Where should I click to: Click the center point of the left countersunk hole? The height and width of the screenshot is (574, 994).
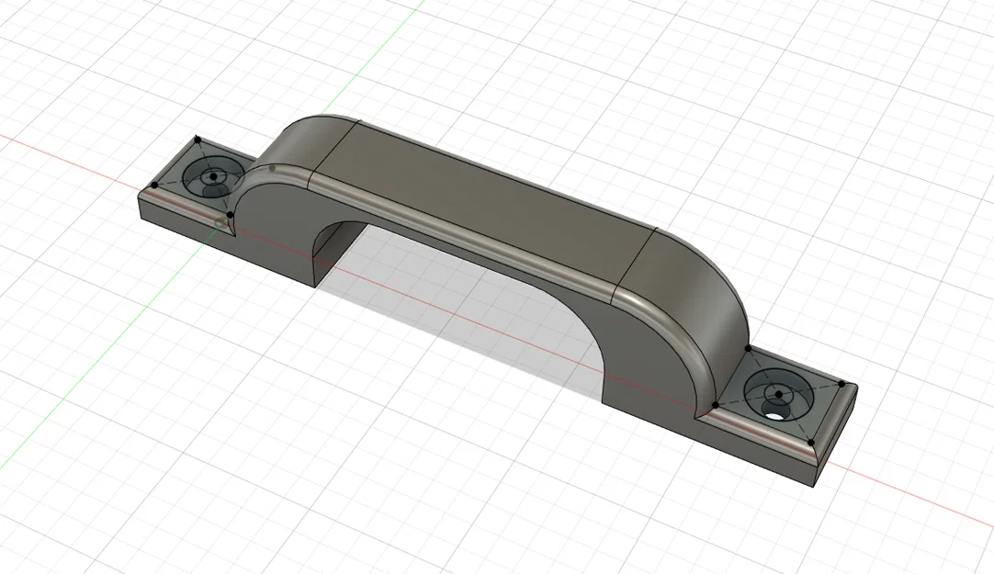[x=213, y=174]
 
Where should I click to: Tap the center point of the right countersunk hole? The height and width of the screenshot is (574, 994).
[x=778, y=394]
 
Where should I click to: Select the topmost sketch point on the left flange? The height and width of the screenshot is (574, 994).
[x=198, y=139]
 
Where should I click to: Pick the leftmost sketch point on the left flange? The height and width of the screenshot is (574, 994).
[x=153, y=185]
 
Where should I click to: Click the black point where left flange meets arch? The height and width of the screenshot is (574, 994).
[x=230, y=215]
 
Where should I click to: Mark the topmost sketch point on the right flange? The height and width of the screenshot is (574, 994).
[x=749, y=349]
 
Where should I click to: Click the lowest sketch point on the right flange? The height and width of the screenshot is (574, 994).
[x=812, y=443]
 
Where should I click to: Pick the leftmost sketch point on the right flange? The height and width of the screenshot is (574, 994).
[x=715, y=404]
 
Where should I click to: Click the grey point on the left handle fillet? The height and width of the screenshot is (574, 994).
[x=273, y=168]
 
